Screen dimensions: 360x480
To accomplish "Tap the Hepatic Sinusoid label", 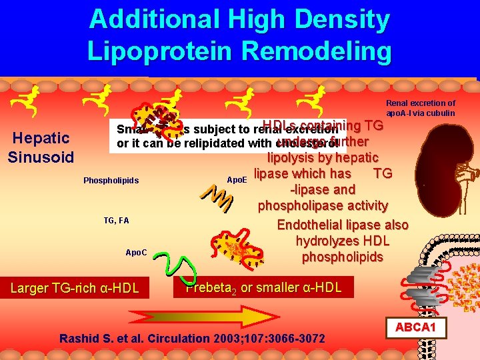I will pos(41,147).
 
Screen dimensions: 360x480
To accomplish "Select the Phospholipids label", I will pos(111,181).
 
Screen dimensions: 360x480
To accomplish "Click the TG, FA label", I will pos(116,220).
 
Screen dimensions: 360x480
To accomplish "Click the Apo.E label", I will pos(237,180).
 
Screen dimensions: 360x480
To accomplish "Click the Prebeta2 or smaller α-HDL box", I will pos(263,287).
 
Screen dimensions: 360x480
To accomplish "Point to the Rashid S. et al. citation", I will pos(193,339).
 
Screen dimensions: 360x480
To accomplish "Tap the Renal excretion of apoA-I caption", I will pos(421,108).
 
